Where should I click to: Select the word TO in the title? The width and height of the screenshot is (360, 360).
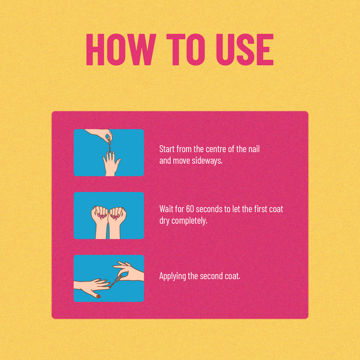click(186, 49)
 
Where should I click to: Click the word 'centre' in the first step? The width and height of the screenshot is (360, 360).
click(214, 149)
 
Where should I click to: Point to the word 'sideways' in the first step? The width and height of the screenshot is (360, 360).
click(207, 160)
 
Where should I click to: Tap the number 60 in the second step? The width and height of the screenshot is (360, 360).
click(190, 209)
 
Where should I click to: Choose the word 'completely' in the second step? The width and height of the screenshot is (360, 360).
click(189, 221)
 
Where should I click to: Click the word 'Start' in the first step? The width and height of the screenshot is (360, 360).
click(167, 149)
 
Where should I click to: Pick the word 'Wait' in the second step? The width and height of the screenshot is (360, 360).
click(166, 209)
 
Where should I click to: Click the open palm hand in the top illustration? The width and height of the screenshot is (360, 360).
click(111, 163)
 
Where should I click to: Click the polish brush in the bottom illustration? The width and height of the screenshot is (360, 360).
click(117, 281)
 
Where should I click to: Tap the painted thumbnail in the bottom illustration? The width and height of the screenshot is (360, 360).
click(98, 297)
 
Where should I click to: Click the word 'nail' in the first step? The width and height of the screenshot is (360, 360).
click(254, 149)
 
